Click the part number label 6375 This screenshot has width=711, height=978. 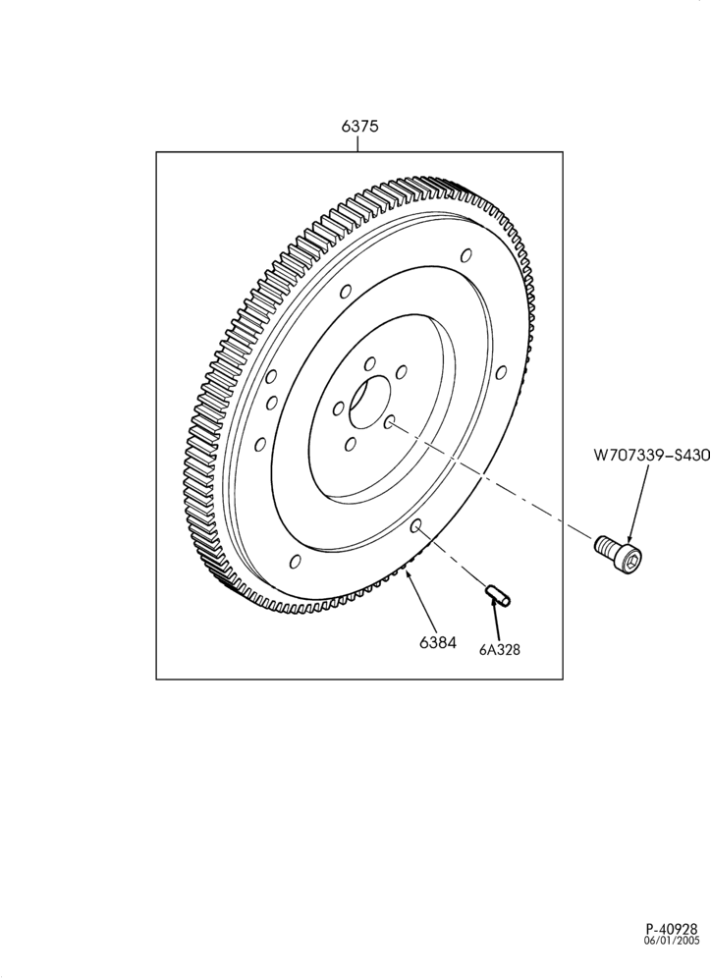click(359, 126)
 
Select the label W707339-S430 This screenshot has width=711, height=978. click(651, 456)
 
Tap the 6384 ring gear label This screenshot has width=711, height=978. click(438, 642)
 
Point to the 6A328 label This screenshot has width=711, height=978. click(500, 649)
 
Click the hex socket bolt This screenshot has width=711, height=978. click(619, 553)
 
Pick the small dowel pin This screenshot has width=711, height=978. click(498, 594)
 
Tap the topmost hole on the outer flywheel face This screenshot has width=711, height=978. click(465, 255)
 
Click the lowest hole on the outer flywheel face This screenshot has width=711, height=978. click(295, 561)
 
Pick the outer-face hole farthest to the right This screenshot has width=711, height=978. click(501, 372)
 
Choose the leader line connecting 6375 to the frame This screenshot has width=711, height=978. click(358, 143)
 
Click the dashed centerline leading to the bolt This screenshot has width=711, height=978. click(493, 481)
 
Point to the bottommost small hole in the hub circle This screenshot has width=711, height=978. click(350, 444)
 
